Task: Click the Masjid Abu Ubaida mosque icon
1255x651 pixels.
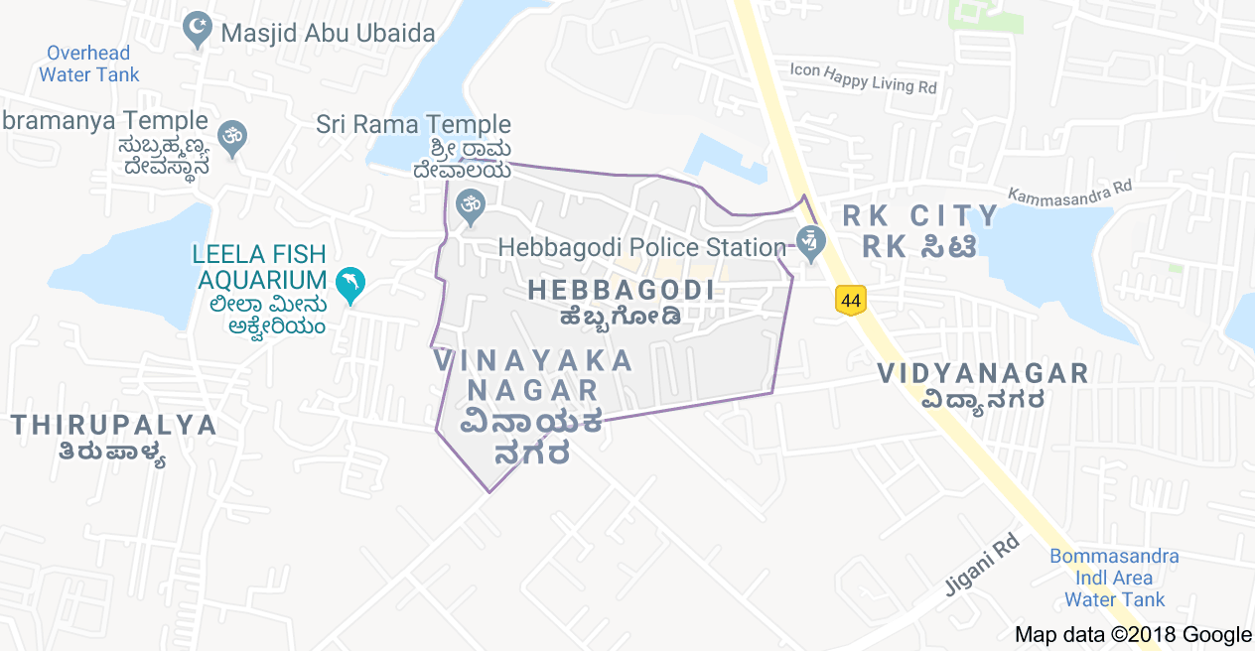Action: tap(199, 31)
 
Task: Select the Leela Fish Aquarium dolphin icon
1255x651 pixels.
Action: tap(349, 285)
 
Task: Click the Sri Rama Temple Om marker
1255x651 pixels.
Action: tap(469, 207)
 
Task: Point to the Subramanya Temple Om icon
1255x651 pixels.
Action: tap(233, 139)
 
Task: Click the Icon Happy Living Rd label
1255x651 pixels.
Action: tap(863, 77)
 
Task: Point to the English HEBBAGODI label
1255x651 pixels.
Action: tap(622, 290)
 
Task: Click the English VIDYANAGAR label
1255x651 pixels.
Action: tap(983, 373)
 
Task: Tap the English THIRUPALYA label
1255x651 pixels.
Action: tap(114, 425)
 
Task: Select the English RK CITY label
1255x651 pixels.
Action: tap(919, 215)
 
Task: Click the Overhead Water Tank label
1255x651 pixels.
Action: tap(89, 64)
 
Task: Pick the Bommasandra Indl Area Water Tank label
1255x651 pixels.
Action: tap(1115, 578)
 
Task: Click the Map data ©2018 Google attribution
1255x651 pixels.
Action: tap(1132, 635)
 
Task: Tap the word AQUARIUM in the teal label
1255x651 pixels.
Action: tap(258, 280)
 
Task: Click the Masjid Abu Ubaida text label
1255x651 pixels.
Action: tap(328, 33)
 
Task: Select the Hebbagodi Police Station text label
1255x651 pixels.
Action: tap(642, 246)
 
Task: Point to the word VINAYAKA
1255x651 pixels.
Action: tap(533, 359)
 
